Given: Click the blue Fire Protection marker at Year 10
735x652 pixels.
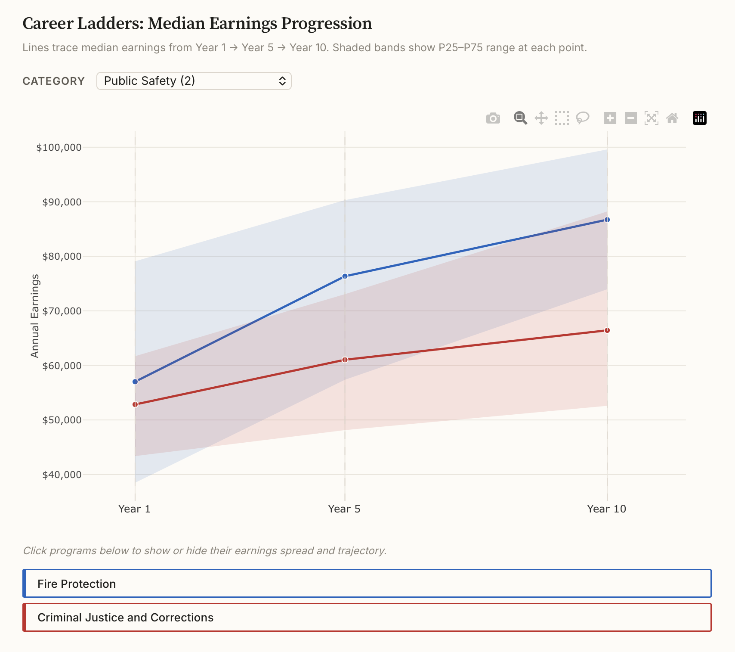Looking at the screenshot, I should click(607, 220).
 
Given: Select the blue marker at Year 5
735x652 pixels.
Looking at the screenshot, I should click(345, 276).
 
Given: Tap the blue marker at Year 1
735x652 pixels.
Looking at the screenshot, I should click(135, 382).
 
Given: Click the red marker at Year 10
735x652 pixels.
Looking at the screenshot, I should click(607, 330).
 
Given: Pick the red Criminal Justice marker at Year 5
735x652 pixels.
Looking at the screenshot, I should click(345, 360).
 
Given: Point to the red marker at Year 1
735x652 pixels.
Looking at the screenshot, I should click(135, 404).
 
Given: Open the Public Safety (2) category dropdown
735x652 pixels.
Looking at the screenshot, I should click(194, 81).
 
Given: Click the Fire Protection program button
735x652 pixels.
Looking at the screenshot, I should click(367, 584).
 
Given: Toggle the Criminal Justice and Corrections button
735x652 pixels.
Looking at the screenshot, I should click(367, 617).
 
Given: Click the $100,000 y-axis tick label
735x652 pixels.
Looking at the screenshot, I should click(59, 148).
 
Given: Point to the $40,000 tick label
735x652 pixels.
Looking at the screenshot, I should click(62, 475).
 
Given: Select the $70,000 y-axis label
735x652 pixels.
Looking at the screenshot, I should click(62, 311).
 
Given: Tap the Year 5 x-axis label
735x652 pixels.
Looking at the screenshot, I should click(344, 509).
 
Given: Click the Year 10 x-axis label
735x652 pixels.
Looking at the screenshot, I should click(606, 509).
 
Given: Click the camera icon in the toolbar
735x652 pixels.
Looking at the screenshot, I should click(493, 118).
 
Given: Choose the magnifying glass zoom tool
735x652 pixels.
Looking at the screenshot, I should click(520, 118).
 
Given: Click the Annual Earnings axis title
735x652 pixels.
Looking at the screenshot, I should click(35, 316).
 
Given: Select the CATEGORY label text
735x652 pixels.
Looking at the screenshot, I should click(54, 81).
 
